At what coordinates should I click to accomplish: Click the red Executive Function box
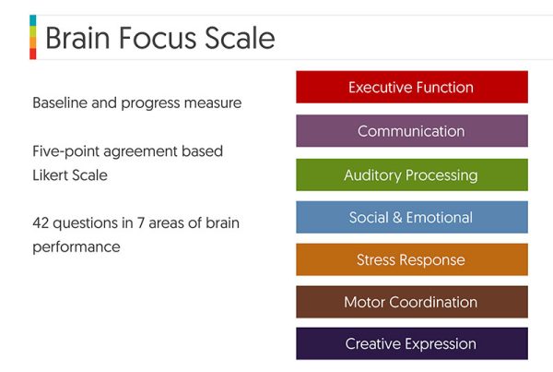[411, 88]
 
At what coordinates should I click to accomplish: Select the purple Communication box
[411, 131]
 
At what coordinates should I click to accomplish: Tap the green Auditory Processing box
[411, 174]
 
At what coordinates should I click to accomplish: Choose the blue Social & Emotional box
[411, 218]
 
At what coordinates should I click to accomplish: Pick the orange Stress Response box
[411, 260]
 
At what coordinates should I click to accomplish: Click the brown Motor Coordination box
[411, 303]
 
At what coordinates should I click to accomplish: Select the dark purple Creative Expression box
[411, 344]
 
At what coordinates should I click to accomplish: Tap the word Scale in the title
[242, 39]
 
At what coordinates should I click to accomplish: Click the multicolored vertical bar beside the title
[33, 38]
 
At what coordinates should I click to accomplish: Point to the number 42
[41, 224]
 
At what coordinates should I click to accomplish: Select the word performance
[76, 247]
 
